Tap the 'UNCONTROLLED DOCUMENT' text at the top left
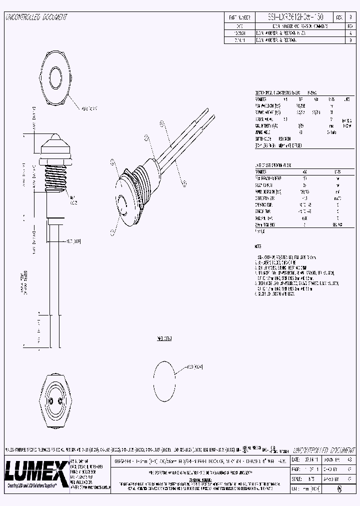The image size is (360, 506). tap(36, 17)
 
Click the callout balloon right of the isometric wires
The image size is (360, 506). tap(184, 183)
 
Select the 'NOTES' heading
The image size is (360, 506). tap(258, 246)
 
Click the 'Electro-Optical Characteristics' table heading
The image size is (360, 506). tap(277, 93)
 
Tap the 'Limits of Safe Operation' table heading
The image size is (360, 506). tap(272, 164)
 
